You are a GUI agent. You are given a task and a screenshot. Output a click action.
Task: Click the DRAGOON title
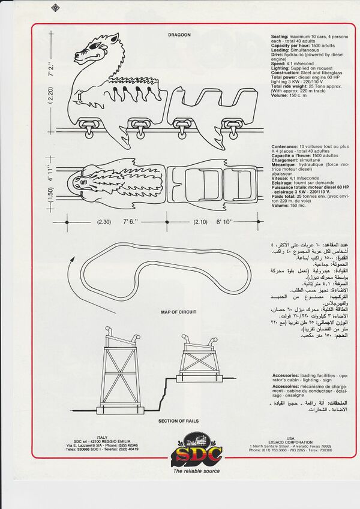(x=180, y=35)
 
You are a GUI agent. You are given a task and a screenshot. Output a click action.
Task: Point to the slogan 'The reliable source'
(x=196, y=471)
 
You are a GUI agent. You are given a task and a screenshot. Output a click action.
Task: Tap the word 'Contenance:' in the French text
(x=284, y=146)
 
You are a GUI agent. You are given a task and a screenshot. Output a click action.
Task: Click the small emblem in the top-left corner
(x=56, y=8)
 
